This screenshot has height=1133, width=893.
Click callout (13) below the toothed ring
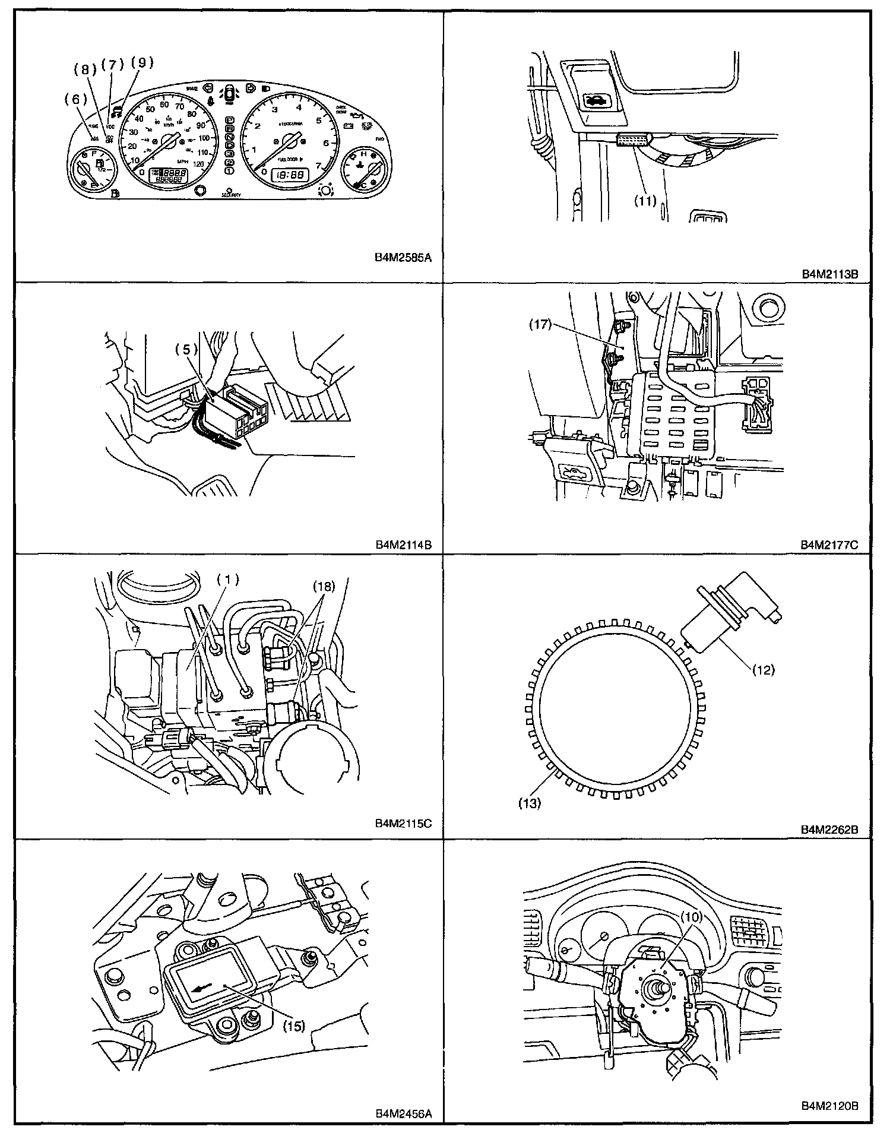pos(530,803)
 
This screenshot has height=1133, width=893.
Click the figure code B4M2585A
pos(403,258)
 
